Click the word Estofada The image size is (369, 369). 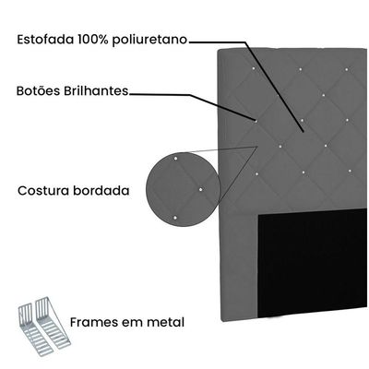(45, 40)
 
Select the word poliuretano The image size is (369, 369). (149, 41)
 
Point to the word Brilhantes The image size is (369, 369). (96, 90)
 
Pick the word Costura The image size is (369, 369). (43, 191)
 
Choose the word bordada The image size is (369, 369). (101, 191)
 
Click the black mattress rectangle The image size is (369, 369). (312, 263)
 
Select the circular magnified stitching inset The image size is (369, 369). (184, 189)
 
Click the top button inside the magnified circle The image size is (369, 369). (175, 159)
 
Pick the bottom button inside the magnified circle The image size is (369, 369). (175, 218)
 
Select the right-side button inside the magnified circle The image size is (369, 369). (201, 189)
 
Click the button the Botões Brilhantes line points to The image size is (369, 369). (256, 121)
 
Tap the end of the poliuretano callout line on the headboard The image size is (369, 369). (304, 132)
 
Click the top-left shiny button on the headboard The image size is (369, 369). (254, 68)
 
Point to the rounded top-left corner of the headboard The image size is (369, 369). (220, 51)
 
